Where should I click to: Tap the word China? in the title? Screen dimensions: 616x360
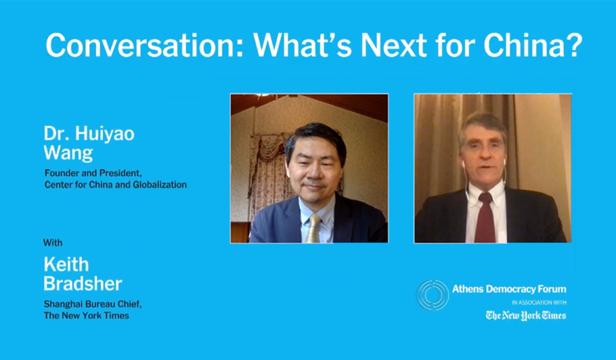[533, 45]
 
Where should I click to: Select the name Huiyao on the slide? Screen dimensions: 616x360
[105, 134]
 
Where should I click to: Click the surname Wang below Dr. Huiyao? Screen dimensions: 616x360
[68, 153]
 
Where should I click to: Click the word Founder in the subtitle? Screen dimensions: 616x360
[62, 173]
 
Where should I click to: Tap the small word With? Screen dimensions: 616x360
[53, 243]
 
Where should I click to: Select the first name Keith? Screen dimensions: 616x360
[66, 264]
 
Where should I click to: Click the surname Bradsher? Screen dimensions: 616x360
[83, 283]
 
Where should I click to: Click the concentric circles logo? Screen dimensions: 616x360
[432, 295]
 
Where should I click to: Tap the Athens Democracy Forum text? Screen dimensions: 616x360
[509, 290]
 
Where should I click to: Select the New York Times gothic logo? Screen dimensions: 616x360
[526, 315]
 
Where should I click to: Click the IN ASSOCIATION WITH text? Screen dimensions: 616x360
[539, 302]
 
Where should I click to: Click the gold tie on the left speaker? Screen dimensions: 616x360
[314, 228]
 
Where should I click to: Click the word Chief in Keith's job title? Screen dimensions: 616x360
[128, 305]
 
